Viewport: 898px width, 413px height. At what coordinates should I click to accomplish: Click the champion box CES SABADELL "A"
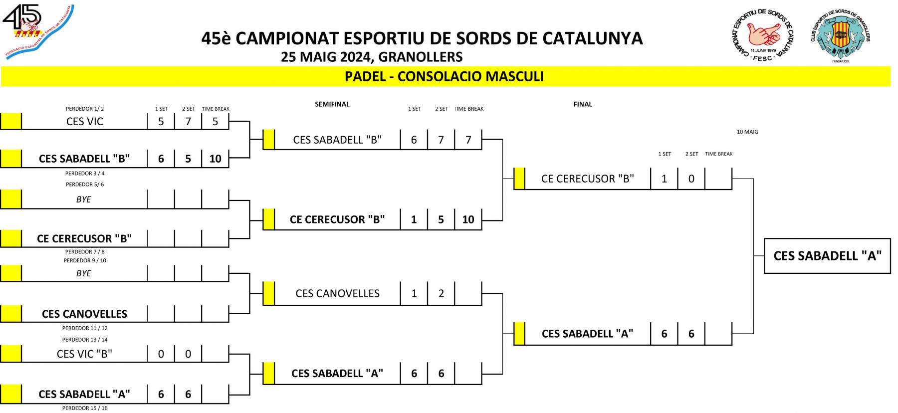coord(827,256)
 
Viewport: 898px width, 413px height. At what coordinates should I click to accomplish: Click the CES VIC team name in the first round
coord(84,122)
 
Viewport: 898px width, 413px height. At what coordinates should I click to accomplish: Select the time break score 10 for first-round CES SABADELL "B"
coord(215,159)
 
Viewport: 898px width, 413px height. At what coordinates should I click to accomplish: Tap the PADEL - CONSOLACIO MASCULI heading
coord(444,76)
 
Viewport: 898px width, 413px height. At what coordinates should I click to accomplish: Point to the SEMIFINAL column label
coord(332,104)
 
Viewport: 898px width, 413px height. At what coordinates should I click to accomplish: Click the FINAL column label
coord(583,104)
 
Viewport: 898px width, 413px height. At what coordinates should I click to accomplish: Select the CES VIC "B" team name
coord(84,354)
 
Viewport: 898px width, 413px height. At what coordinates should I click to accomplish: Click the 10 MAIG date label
coord(747,132)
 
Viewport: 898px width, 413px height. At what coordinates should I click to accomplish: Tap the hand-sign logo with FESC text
coord(762,35)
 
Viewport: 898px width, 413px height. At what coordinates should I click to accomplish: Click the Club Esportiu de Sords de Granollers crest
coord(841,35)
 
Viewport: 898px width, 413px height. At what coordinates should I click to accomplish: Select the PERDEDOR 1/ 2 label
coord(85,109)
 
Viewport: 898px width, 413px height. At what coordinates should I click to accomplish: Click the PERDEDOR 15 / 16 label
coord(85,408)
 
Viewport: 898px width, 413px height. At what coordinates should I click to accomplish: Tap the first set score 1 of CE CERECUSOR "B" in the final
coord(664,179)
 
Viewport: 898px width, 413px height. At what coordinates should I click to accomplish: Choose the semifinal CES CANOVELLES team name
coord(337,294)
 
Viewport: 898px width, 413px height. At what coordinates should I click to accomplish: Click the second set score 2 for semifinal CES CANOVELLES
coord(441,294)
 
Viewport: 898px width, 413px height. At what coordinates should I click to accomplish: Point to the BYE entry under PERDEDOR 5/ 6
coord(84,200)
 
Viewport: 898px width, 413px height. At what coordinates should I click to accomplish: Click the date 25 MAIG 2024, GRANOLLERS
coord(372,57)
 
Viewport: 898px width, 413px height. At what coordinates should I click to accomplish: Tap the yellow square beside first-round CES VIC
coord(11,122)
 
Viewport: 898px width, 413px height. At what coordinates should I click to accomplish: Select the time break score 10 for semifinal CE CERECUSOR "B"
coord(468,219)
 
